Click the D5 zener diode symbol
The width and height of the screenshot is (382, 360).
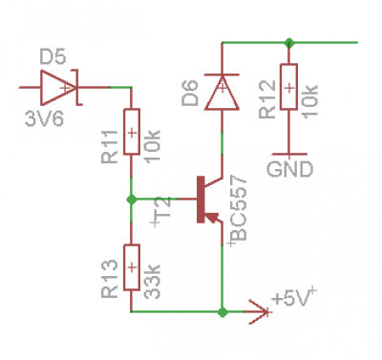tap(60, 87)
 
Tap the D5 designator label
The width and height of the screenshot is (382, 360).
tap(53, 57)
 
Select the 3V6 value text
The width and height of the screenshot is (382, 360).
tap(44, 119)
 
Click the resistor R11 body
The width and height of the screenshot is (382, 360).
tap(131, 132)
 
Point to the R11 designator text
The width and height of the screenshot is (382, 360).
tap(110, 147)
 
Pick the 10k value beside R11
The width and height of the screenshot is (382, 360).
tap(153, 147)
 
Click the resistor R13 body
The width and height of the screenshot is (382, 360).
tap(131, 267)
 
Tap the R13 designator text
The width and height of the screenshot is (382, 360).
tap(110, 279)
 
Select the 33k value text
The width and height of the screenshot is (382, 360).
tap(153, 282)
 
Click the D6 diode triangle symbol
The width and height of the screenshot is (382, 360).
tap(222, 92)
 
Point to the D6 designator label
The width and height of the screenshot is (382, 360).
tap(190, 93)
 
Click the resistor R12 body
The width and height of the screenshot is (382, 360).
tap(288, 87)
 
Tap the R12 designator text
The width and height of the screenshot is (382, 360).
tap(266, 99)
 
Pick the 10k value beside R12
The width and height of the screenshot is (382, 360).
tap(310, 101)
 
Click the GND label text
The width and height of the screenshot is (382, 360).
tap(289, 169)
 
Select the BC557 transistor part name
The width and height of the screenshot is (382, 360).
tap(239, 208)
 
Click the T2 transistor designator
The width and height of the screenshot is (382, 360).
tap(163, 210)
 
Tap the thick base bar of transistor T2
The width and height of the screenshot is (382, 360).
tap(201, 200)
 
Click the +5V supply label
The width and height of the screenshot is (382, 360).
tap(292, 299)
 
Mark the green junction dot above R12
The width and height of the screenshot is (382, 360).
tap(288, 42)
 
